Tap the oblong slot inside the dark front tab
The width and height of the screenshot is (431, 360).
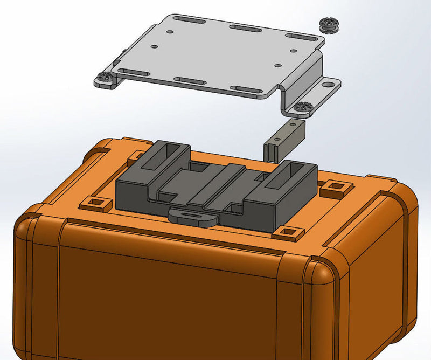point(192,214)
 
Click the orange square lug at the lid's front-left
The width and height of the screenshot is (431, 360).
point(96,204)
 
